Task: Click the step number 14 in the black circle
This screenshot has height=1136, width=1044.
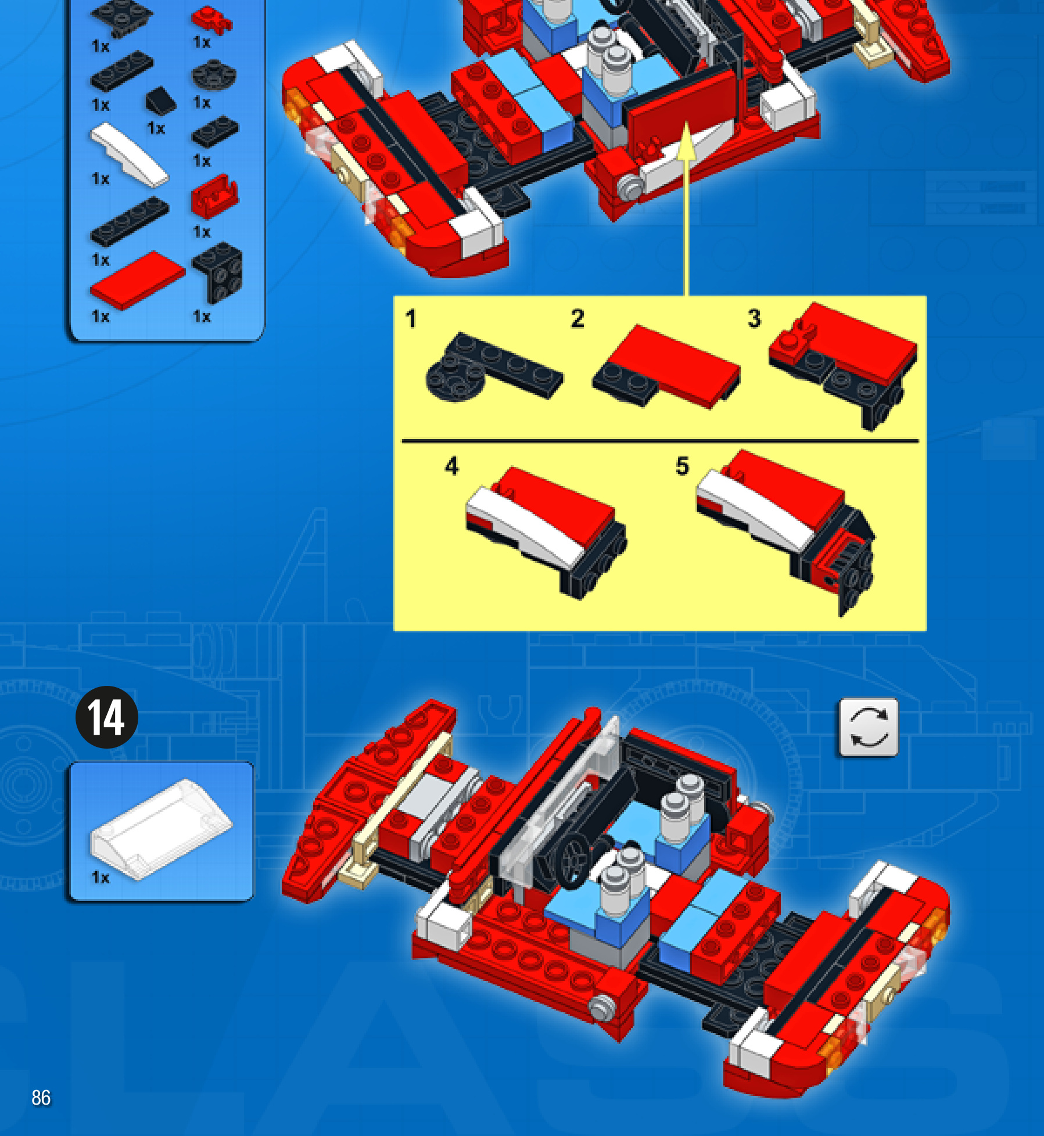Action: point(107,717)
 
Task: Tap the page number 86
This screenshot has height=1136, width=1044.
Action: point(41,1098)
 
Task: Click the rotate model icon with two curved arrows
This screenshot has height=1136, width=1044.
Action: point(869,728)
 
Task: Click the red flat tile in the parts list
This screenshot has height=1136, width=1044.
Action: point(137,280)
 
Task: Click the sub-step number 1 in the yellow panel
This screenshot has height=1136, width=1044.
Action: point(411,319)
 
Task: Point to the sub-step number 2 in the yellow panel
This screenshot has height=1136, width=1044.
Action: point(577,318)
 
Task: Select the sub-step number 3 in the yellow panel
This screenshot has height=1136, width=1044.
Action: point(754,318)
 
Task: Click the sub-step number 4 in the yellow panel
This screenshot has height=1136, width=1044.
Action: point(451,466)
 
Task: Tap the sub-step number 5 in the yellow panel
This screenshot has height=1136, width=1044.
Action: point(682,466)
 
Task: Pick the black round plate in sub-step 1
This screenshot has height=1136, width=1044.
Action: point(452,378)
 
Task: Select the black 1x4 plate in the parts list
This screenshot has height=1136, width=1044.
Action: point(130,221)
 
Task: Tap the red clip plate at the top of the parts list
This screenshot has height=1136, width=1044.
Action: point(211,19)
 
